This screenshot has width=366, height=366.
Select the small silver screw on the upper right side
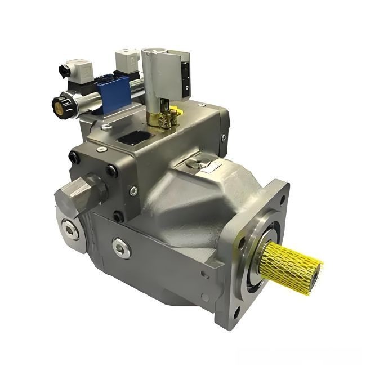point(225,137)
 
